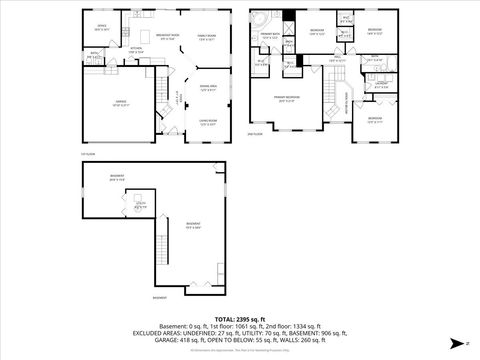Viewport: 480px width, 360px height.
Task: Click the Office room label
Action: tap(101, 27)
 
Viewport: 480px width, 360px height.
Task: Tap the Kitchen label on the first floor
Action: tap(136, 49)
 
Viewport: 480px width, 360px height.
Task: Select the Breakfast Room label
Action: tap(168, 36)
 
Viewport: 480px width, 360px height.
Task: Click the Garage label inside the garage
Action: tap(119, 105)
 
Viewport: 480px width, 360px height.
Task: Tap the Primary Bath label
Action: tap(270, 35)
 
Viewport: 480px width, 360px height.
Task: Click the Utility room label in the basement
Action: tap(141, 205)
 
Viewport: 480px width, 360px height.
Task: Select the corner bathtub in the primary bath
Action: tap(258, 21)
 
